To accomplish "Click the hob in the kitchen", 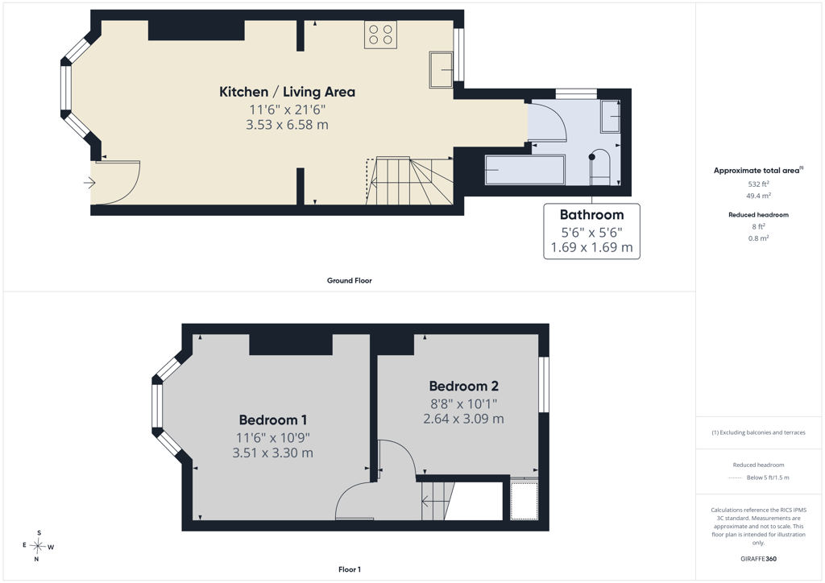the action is [x=380, y=35].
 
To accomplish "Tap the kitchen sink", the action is [x=441, y=69].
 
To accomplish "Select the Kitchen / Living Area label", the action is [x=288, y=92].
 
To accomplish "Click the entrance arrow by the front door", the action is [x=89, y=183].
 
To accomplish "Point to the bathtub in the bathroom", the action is [x=524, y=169].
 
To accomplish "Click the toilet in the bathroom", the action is [x=599, y=167].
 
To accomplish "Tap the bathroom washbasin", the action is [x=611, y=116].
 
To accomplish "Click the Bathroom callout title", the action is [x=592, y=215].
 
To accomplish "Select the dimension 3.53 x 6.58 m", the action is [x=288, y=125].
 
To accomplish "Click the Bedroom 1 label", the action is [x=272, y=420].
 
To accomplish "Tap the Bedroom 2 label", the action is [x=463, y=387].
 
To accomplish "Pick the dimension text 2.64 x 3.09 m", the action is [x=463, y=419].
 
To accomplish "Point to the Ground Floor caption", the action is [x=350, y=281].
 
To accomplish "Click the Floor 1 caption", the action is [x=350, y=569].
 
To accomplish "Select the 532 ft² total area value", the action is [x=758, y=184].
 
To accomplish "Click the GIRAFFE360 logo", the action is [x=758, y=559].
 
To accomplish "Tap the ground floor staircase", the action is [x=410, y=181].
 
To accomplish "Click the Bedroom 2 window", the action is [x=544, y=384].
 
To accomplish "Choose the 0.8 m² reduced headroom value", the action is [x=758, y=238].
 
